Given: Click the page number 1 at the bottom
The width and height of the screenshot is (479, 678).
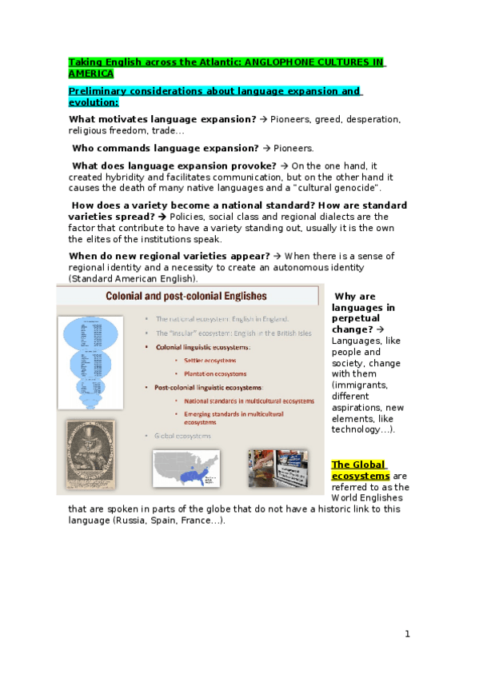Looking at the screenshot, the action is tap(407, 634).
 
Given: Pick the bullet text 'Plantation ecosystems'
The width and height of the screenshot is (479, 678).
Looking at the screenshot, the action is tap(215, 373).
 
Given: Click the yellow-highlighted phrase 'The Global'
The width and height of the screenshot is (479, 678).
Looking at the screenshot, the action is tap(359, 465).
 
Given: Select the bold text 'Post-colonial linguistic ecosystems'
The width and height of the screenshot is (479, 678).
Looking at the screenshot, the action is tap(209, 387).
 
